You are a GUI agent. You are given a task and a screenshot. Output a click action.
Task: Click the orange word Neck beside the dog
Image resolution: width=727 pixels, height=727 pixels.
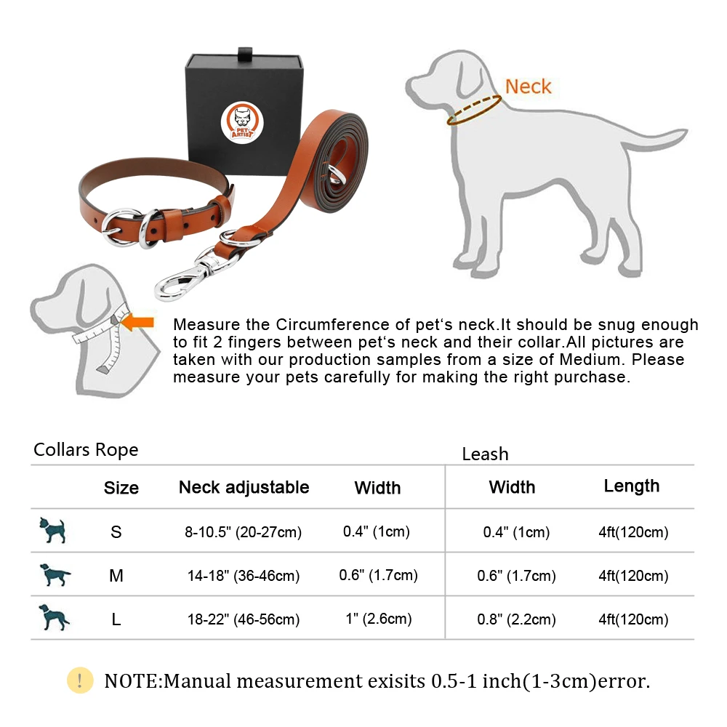(x=528, y=87)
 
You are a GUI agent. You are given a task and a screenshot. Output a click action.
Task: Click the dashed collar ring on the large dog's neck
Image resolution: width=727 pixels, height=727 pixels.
(x=473, y=111)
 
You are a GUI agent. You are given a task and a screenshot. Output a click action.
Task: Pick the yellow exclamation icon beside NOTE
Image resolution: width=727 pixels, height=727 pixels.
(x=80, y=680)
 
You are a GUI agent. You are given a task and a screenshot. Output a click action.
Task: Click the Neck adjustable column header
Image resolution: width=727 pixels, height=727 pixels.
(x=244, y=487)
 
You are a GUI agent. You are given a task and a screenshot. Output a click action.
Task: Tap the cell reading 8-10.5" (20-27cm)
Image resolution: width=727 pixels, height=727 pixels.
(x=243, y=532)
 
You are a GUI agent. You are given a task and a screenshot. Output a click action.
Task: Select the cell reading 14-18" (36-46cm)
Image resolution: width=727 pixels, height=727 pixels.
(x=243, y=576)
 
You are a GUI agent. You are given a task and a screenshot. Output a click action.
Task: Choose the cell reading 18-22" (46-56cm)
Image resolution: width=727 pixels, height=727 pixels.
(x=243, y=619)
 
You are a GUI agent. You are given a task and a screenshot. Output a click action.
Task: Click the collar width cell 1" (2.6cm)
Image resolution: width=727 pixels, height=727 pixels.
(x=378, y=619)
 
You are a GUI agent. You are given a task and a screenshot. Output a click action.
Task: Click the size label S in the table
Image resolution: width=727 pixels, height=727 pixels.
(x=116, y=532)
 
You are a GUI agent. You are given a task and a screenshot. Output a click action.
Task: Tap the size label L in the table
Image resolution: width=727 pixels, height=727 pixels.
(x=116, y=619)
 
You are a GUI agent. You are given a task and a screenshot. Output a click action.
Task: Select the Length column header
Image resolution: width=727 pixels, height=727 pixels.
(x=631, y=486)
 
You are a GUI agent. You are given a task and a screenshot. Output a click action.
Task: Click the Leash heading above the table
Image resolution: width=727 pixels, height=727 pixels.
(x=485, y=454)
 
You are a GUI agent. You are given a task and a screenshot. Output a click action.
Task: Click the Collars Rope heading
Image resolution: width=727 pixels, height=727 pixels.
(x=86, y=450)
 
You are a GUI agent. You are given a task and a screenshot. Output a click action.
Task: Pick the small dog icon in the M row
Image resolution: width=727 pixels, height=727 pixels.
(x=55, y=575)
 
